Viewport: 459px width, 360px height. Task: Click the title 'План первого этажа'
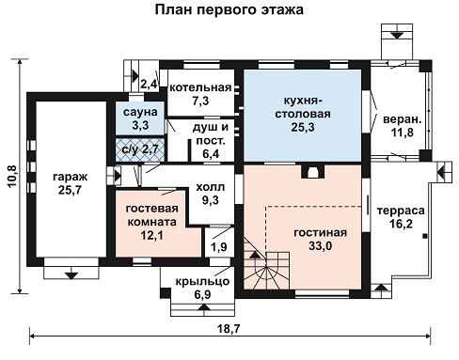tap(229, 9)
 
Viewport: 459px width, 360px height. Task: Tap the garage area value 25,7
tap(70, 190)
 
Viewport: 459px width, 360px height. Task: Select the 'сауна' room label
tap(140, 112)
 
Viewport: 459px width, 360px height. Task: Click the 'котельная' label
tap(200, 87)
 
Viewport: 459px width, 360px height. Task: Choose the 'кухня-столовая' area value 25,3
tap(303, 127)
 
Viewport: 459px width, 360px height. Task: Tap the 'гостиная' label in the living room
tap(321, 233)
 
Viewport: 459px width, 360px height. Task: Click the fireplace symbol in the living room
tap(312, 172)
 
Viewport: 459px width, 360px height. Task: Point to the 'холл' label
tap(211, 187)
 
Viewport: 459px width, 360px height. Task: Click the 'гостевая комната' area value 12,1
tap(151, 235)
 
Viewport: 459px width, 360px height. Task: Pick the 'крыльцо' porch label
tap(202, 281)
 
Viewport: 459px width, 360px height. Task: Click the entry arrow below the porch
tap(204, 307)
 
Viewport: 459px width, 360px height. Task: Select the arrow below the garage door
tap(71, 275)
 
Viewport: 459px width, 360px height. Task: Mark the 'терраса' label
tap(401, 211)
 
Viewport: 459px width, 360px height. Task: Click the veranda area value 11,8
tap(403, 133)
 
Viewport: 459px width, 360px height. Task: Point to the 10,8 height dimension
tap(13, 176)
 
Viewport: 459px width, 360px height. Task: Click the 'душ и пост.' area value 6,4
tap(211, 154)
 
